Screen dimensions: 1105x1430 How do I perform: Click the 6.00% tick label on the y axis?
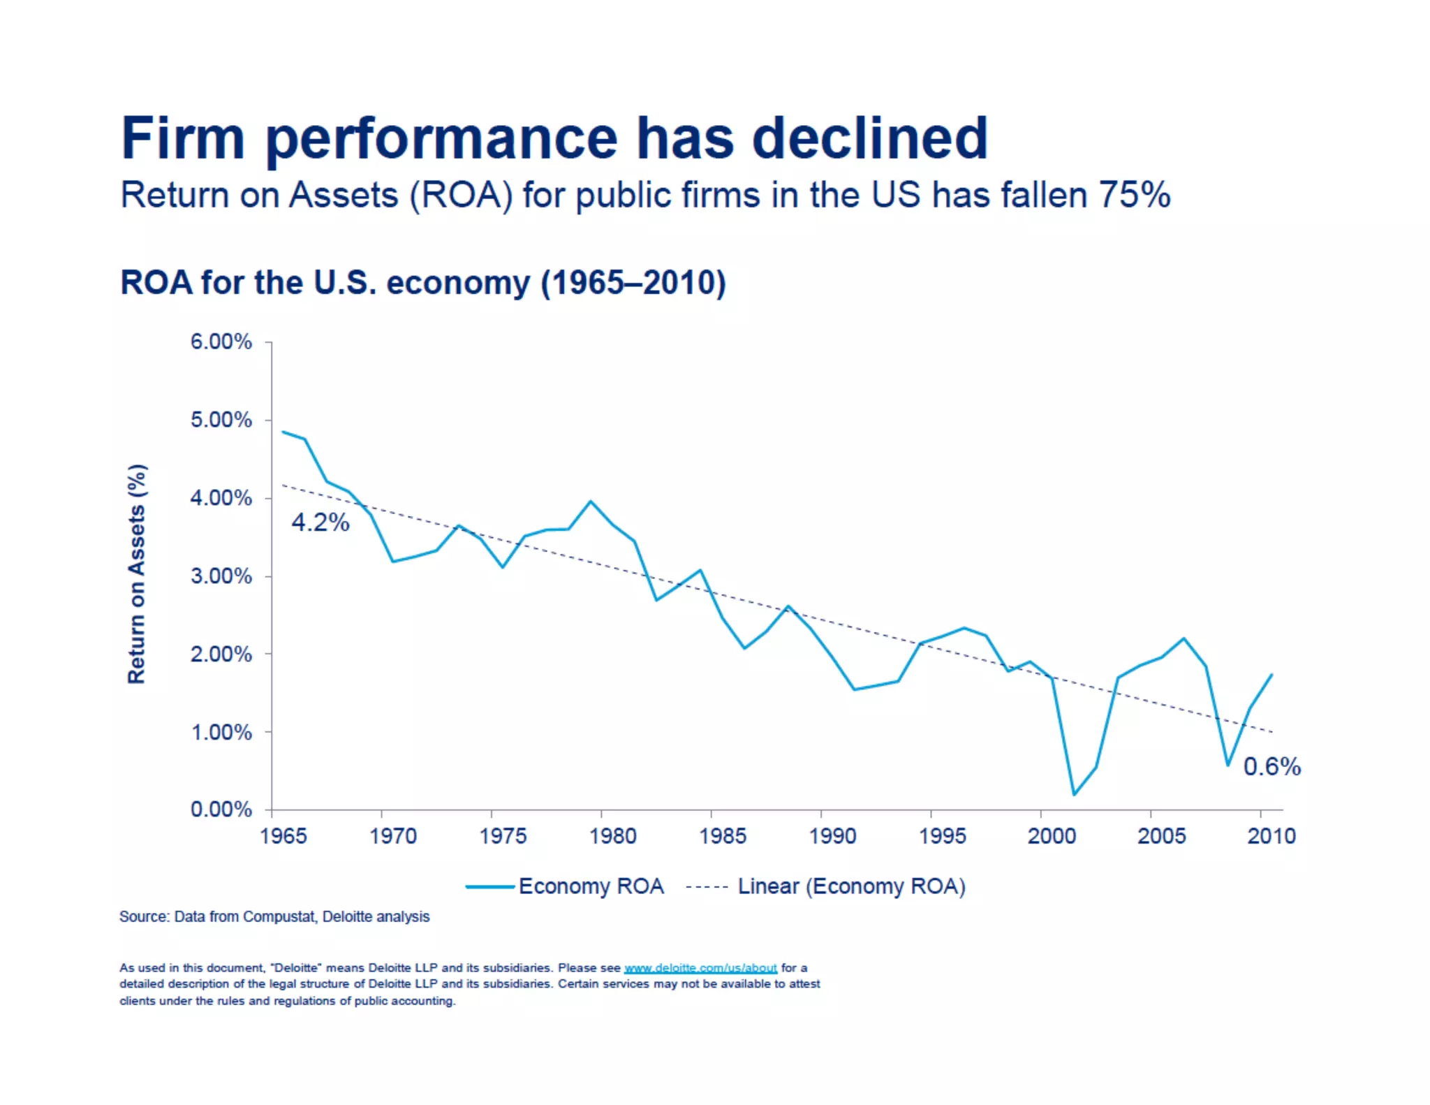coord(221,342)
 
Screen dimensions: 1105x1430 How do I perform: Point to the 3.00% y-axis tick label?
coord(221,576)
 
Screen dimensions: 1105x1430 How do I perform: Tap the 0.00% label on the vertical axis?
coord(221,810)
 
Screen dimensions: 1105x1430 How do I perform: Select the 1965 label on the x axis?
coord(283,836)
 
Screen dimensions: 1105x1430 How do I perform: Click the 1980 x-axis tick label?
coord(612,836)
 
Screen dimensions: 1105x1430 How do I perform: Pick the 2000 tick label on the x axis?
coord(1052,836)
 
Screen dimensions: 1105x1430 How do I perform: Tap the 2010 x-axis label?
coord(1271,836)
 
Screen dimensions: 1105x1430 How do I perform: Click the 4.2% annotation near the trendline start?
coord(320,522)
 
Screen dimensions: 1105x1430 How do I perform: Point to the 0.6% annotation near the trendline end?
coord(1271,767)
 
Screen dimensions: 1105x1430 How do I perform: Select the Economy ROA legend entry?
coord(590,886)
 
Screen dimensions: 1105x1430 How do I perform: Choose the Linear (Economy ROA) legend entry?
coord(850,886)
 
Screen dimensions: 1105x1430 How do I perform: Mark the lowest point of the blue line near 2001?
coord(1074,794)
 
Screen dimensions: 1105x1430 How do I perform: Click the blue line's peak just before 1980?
coord(591,502)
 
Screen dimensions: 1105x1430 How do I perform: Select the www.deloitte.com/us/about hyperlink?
coord(700,967)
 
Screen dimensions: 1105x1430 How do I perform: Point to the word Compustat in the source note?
coord(278,916)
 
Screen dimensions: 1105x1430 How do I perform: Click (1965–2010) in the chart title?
coord(633,283)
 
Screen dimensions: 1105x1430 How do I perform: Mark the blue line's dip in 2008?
coord(1228,765)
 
